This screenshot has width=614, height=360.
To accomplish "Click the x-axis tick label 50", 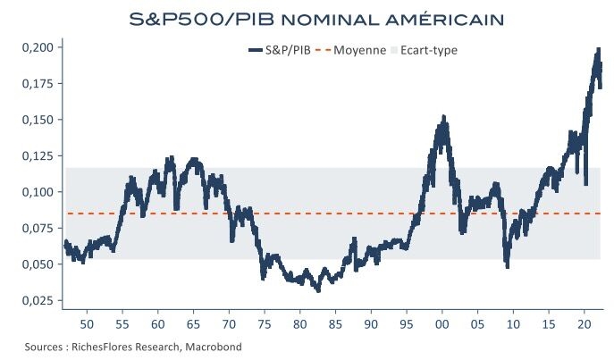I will [87, 322].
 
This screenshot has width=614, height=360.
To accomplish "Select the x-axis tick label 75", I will [265, 322].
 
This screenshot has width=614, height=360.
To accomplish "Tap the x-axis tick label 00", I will [442, 322].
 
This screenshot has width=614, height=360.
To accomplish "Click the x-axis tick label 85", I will [335, 322].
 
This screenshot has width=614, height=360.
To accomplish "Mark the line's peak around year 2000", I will [443, 118].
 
